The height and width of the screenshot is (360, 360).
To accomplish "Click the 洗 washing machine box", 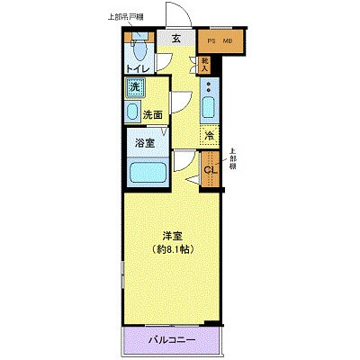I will (135, 87).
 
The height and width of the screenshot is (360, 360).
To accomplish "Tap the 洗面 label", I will (154, 114).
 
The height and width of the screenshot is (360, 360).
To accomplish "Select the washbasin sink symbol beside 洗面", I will (133, 112).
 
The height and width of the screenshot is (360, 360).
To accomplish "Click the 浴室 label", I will (143, 141).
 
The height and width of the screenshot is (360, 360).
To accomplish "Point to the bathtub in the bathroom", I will (145, 172).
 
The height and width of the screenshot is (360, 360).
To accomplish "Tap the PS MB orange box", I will (220, 40).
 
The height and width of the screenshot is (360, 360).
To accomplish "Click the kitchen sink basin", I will (208, 109).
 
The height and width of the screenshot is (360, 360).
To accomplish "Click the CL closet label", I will (209, 170).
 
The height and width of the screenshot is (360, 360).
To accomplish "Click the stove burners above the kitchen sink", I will (208, 87).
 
